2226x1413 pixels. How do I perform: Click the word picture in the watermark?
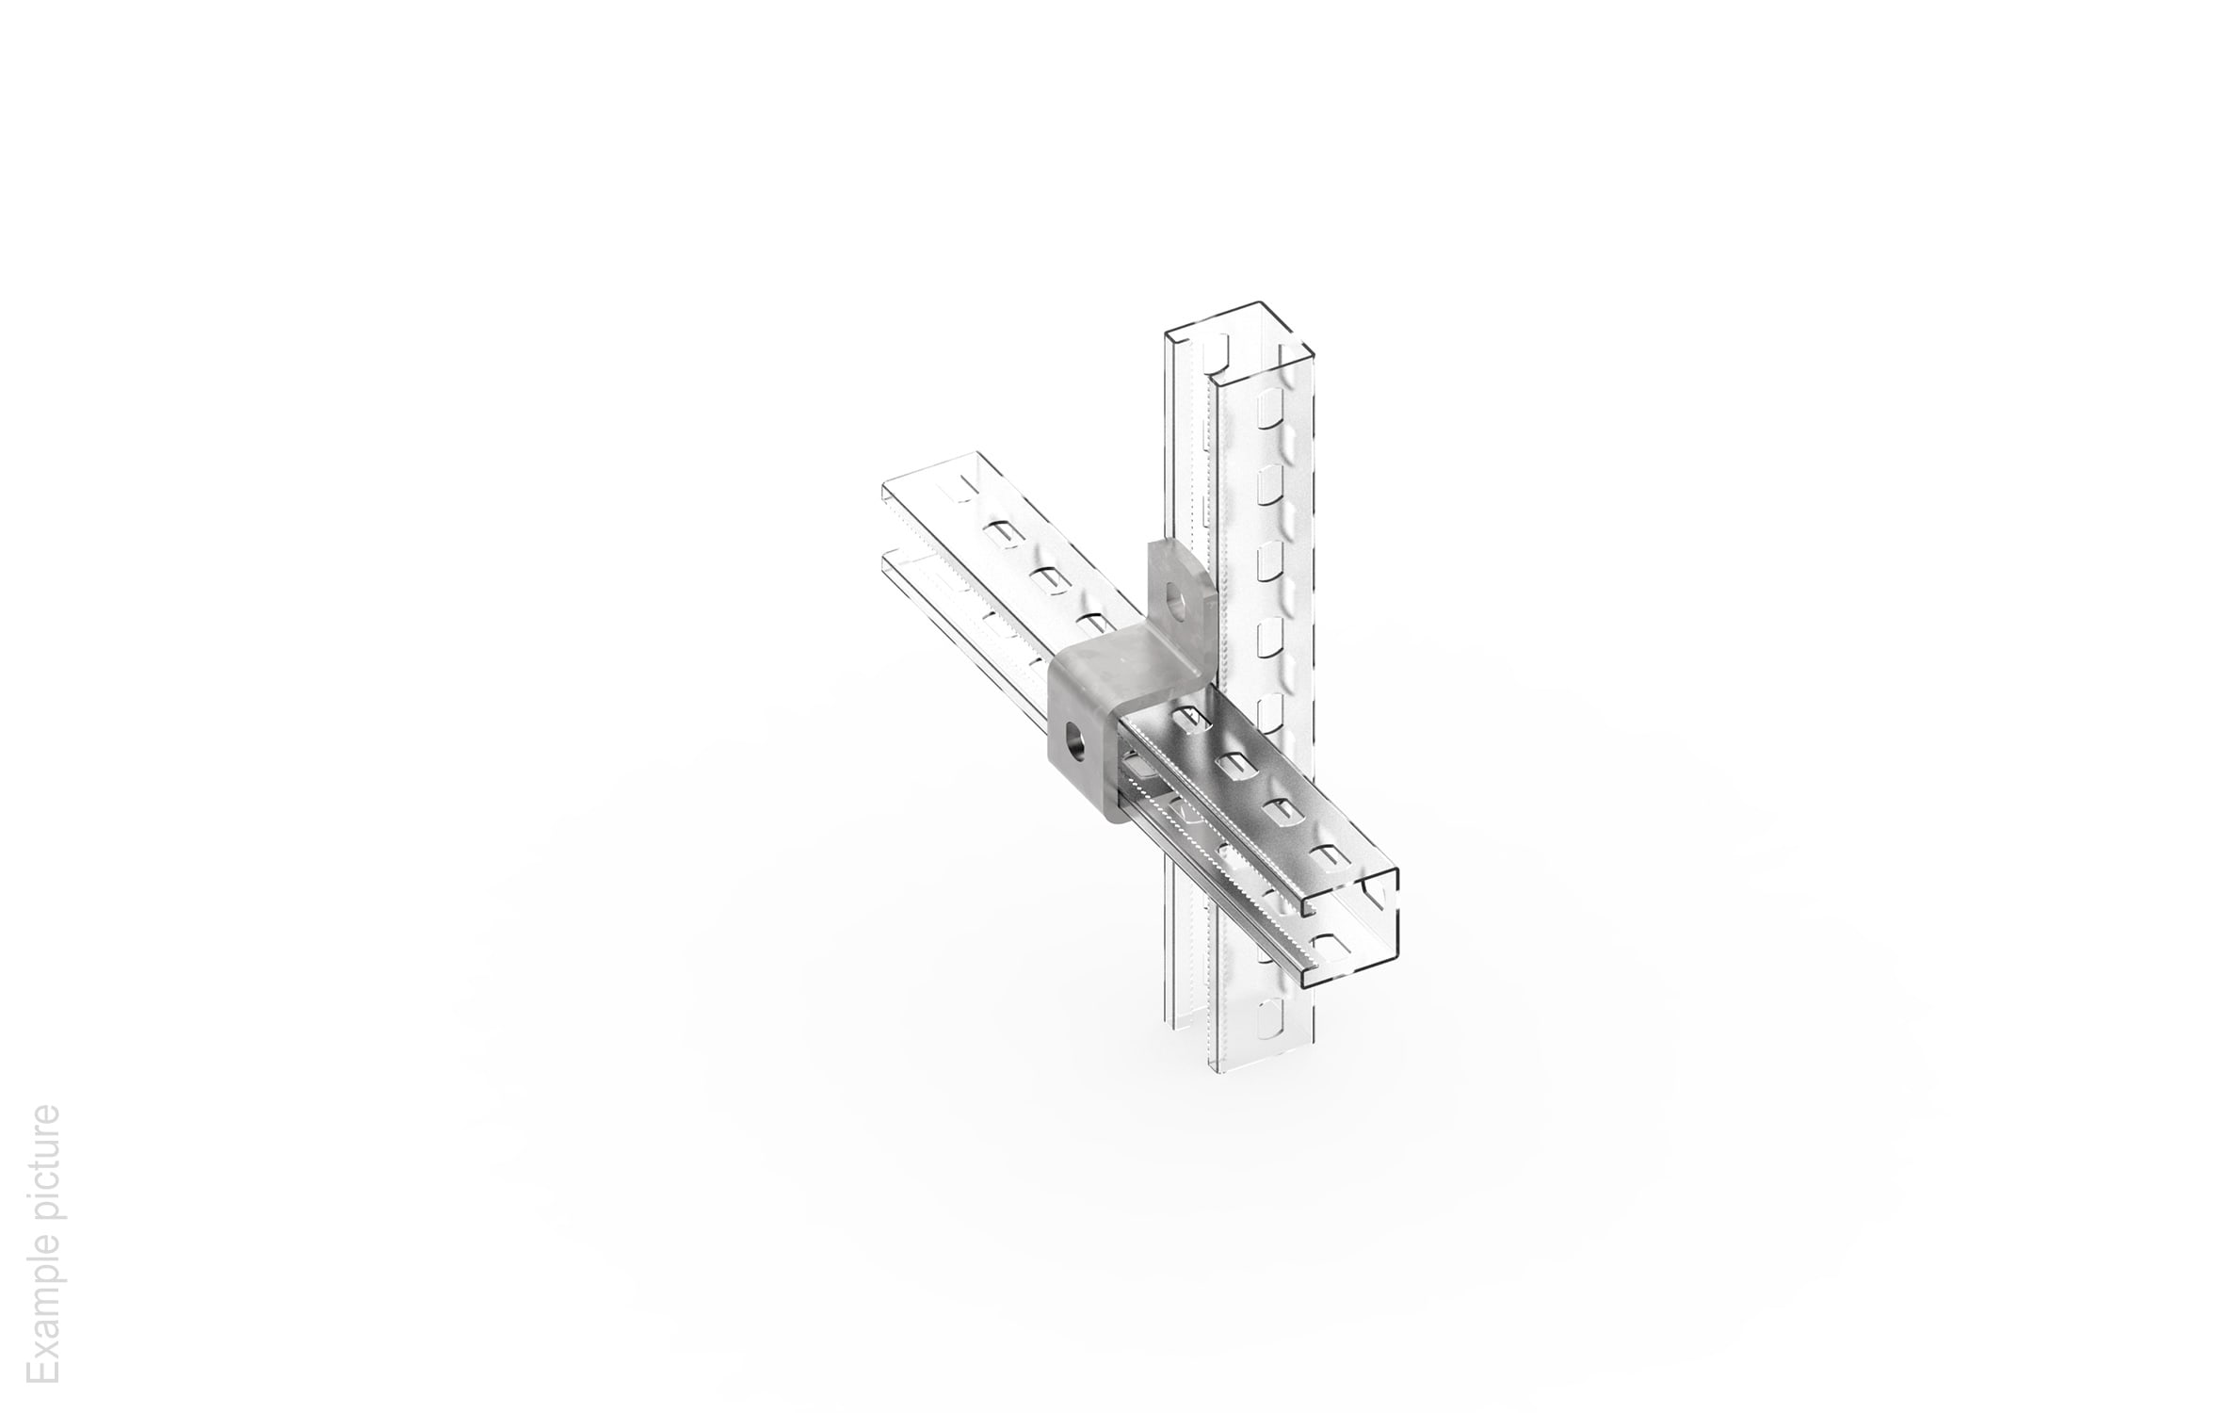[x=43, y=1172]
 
